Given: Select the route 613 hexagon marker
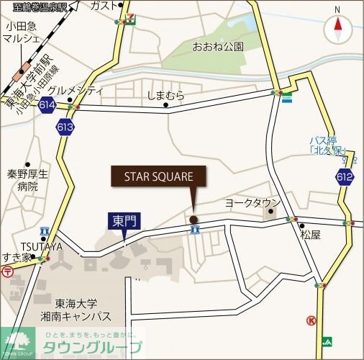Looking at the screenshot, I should [65, 127].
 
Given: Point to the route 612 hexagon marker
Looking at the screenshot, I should [344, 176].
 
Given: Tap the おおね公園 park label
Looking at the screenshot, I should [217, 46].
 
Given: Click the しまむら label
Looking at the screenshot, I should [166, 94].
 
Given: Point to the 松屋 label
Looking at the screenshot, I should [311, 235].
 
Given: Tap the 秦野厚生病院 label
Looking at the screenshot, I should [28, 180].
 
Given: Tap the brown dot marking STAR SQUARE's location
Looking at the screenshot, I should [193, 219].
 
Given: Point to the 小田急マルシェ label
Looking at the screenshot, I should [22, 33].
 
